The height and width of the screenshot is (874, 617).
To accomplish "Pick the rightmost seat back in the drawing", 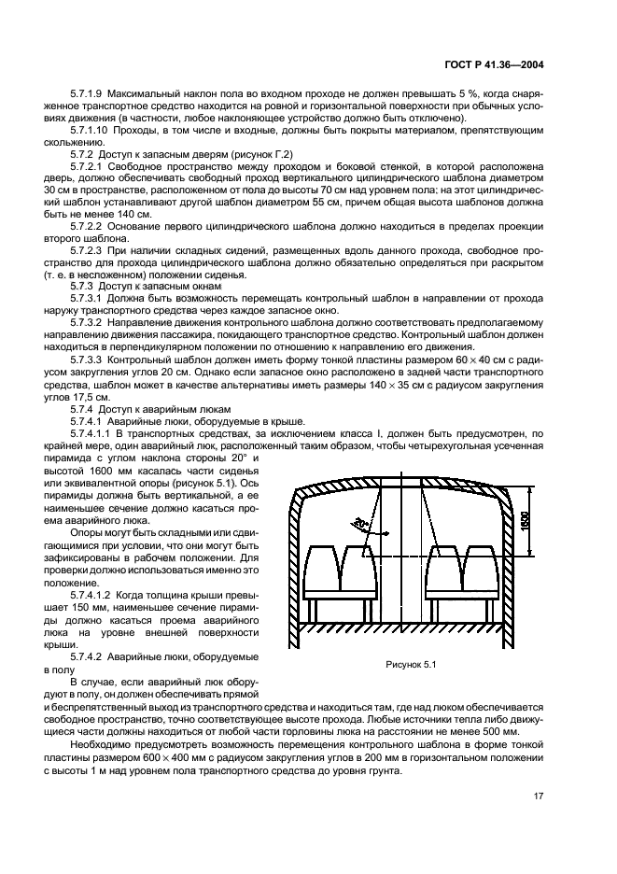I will (x=484, y=566).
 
